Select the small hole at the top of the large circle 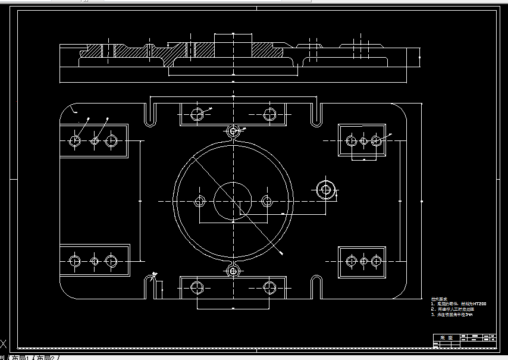[x=233, y=130]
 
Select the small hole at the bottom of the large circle [x=233, y=271]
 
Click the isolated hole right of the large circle [x=325, y=189]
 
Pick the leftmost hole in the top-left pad [x=75, y=141]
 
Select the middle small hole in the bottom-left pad [x=95, y=261]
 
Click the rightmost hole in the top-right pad [x=376, y=140]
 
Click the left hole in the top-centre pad [x=197, y=114]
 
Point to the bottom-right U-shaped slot [x=316, y=287]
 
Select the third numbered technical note [x=453, y=315]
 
